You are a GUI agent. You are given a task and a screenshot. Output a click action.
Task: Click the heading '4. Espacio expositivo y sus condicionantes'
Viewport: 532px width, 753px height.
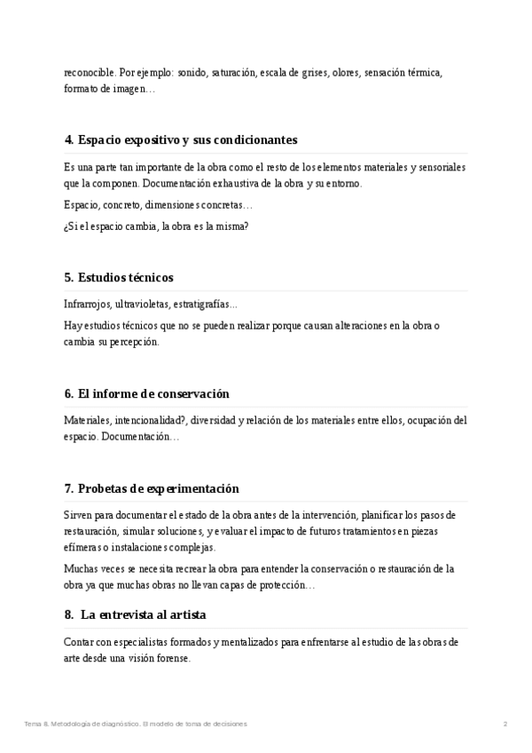coord(180,140)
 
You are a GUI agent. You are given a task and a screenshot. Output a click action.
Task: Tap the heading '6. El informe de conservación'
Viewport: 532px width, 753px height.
coord(146,393)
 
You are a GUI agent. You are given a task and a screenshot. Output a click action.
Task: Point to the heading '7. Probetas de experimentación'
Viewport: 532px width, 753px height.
coord(152,488)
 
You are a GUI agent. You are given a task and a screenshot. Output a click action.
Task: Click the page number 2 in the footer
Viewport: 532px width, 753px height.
coord(505,724)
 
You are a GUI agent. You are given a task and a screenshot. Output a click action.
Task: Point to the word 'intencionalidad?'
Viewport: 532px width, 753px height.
coord(155,420)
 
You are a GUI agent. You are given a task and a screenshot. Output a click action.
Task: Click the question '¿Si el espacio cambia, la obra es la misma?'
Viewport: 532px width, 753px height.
coord(156,226)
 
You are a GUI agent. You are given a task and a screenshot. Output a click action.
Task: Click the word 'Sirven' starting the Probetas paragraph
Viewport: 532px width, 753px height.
coord(78,515)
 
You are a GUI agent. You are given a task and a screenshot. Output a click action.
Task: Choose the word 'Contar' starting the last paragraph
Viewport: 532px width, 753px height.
coord(79,641)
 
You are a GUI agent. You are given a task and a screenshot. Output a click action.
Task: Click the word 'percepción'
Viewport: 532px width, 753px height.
coord(135,342)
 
